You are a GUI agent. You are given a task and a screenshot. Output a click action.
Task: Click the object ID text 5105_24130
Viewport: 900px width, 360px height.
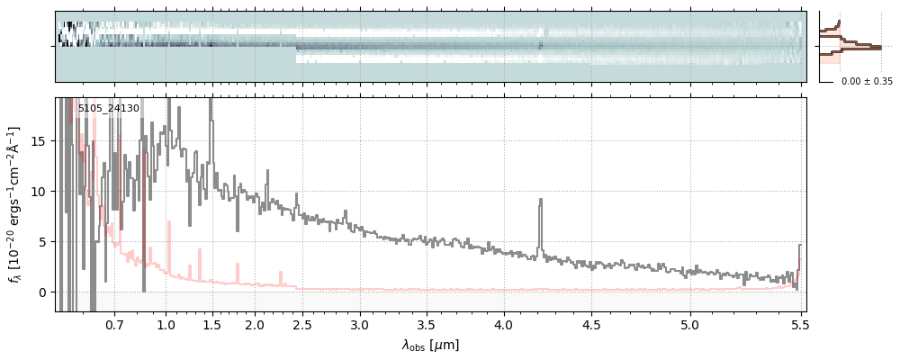click(108, 109)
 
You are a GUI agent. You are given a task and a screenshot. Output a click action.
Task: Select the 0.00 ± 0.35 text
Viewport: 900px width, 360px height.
click(867, 82)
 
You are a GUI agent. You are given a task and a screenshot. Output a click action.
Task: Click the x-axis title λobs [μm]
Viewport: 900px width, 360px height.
click(430, 344)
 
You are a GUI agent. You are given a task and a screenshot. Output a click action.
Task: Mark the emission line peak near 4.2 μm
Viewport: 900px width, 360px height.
click(540, 200)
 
